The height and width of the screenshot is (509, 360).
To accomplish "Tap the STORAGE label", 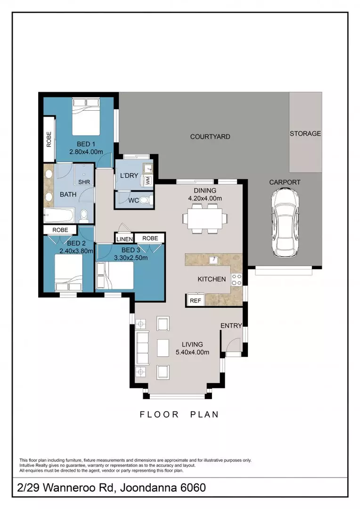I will click(x=305, y=133).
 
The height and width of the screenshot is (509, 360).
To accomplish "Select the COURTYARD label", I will click(x=210, y=137).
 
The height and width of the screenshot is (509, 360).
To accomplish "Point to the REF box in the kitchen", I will click(x=194, y=300).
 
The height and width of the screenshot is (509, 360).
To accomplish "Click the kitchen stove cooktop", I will click(x=236, y=279).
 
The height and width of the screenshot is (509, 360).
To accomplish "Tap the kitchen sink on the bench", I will click(x=213, y=260).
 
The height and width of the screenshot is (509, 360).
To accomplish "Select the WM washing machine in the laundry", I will click(x=147, y=180).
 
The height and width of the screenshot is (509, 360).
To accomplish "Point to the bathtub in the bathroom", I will click(x=59, y=216).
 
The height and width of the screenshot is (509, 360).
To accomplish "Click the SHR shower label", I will click(x=85, y=182).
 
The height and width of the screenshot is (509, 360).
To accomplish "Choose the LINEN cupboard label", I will click(x=124, y=239).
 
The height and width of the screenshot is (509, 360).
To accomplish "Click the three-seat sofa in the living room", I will click(x=141, y=348).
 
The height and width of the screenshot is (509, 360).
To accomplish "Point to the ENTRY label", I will click(x=231, y=326).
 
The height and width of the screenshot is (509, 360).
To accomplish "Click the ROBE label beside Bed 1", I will click(x=49, y=138).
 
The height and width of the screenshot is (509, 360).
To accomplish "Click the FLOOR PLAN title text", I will click(x=179, y=415).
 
